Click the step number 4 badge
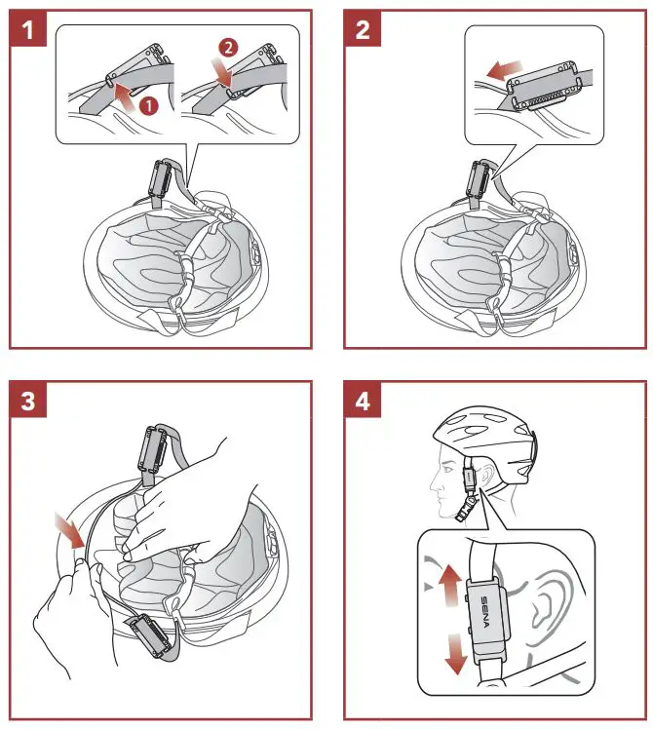click(363, 402)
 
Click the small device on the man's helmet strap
click(469, 478)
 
